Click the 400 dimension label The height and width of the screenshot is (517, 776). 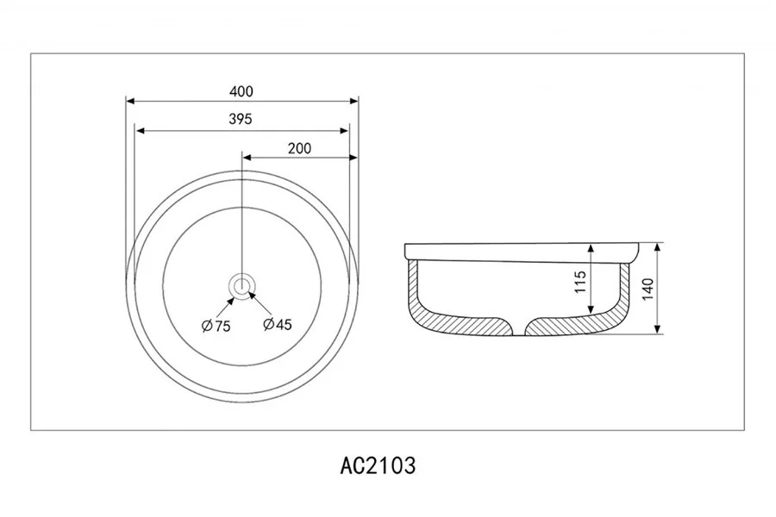point(241,91)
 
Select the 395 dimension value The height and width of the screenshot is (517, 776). point(241,119)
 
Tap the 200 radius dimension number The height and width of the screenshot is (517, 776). point(299,148)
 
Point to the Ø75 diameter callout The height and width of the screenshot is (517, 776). point(216,326)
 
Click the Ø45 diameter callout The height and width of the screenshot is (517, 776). point(278,325)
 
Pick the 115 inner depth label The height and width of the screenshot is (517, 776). point(580,282)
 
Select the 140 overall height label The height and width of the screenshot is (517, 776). point(648,289)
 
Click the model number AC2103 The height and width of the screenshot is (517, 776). point(378,465)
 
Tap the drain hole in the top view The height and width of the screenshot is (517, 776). point(241,286)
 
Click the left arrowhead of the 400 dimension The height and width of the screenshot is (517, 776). point(130,102)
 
